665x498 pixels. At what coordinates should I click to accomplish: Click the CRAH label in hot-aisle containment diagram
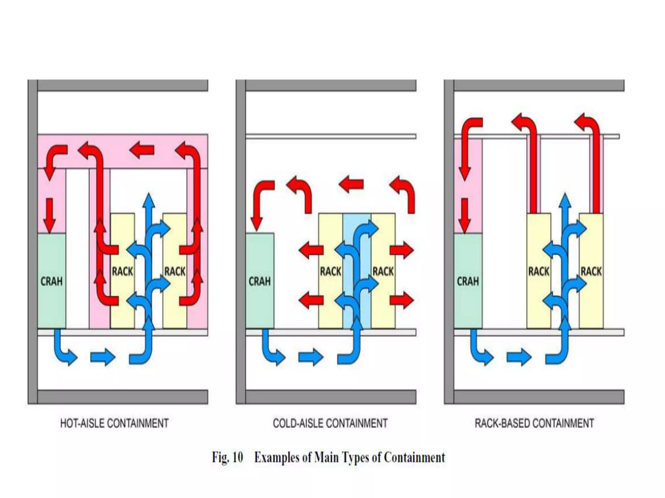click(x=51, y=281)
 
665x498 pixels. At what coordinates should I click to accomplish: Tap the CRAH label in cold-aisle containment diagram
click(x=259, y=281)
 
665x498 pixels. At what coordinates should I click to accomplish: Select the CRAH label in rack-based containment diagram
click(x=468, y=281)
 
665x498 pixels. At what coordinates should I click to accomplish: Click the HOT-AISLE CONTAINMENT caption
click(x=114, y=423)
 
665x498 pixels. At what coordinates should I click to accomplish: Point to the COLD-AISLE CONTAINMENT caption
click(x=330, y=423)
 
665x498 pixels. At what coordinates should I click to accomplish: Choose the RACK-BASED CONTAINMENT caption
click(x=534, y=423)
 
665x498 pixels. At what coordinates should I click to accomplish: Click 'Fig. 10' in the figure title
click(x=227, y=457)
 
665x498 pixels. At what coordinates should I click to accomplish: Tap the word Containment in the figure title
click(x=414, y=457)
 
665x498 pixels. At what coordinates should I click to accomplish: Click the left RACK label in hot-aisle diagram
click(x=122, y=271)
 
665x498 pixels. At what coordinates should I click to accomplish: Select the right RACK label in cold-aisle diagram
click(x=383, y=271)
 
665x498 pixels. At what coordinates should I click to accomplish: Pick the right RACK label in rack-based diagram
click(x=591, y=271)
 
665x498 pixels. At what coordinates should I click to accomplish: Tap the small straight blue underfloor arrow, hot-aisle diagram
click(x=103, y=358)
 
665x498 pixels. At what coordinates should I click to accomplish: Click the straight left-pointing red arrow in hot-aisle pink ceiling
click(x=142, y=150)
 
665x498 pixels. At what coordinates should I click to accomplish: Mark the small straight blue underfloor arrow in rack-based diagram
click(x=519, y=358)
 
